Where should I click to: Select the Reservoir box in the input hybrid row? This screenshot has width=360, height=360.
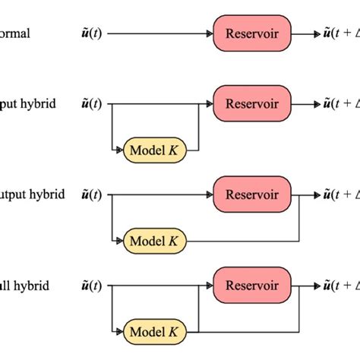point(252,103)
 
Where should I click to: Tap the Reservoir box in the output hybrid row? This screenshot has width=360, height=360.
point(252,194)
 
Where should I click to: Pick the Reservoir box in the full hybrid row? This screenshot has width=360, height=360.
point(252,286)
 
